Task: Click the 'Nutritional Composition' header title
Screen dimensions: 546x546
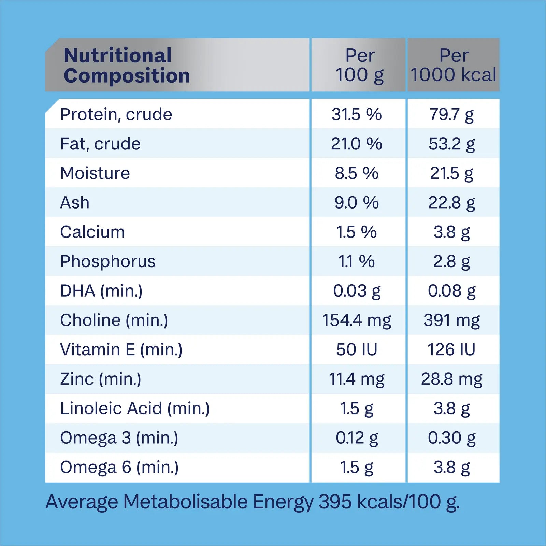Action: (126, 65)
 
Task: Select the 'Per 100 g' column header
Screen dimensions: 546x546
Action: (360, 65)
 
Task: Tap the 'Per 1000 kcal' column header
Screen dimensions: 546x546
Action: (453, 65)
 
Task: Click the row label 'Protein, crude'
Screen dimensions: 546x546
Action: (116, 114)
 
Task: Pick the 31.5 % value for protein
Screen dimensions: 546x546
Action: (357, 114)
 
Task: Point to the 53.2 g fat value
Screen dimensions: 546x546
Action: (451, 144)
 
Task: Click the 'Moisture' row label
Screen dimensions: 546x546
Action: (95, 173)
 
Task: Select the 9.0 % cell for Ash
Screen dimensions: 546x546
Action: (357, 203)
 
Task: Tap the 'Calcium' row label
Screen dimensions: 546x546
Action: (92, 232)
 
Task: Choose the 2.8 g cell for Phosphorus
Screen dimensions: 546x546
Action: (451, 261)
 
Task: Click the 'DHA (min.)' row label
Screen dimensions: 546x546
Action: (101, 291)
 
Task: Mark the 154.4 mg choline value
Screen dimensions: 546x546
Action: (357, 320)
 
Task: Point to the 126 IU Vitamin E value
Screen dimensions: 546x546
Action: (451, 350)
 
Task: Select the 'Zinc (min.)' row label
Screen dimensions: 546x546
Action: (101, 379)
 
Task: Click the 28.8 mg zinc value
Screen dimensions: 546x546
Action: (451, 379)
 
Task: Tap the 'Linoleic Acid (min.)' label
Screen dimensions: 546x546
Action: (135, 408)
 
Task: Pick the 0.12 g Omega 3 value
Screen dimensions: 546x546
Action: (357, 438)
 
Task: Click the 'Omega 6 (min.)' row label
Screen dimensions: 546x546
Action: (119, 467)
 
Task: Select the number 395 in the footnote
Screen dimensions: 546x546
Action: (335, 502)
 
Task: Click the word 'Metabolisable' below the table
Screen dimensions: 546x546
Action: (185, 502)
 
